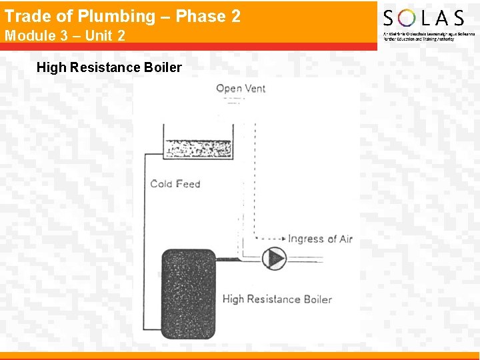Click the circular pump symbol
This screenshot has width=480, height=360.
(x=273, y=258)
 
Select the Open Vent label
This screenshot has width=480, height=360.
(x=241, y=89)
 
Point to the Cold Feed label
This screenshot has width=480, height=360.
(x=175, y=183)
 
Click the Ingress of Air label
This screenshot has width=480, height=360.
(x=320, y=239)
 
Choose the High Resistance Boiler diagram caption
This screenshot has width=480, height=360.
(x=277, y=299)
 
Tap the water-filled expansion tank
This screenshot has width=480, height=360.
(x=198, y=148)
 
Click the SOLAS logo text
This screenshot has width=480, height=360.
(x=423, y=18)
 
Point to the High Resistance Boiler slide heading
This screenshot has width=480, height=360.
(x=109, y=67)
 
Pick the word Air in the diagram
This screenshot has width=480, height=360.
(x=345, y=239)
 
